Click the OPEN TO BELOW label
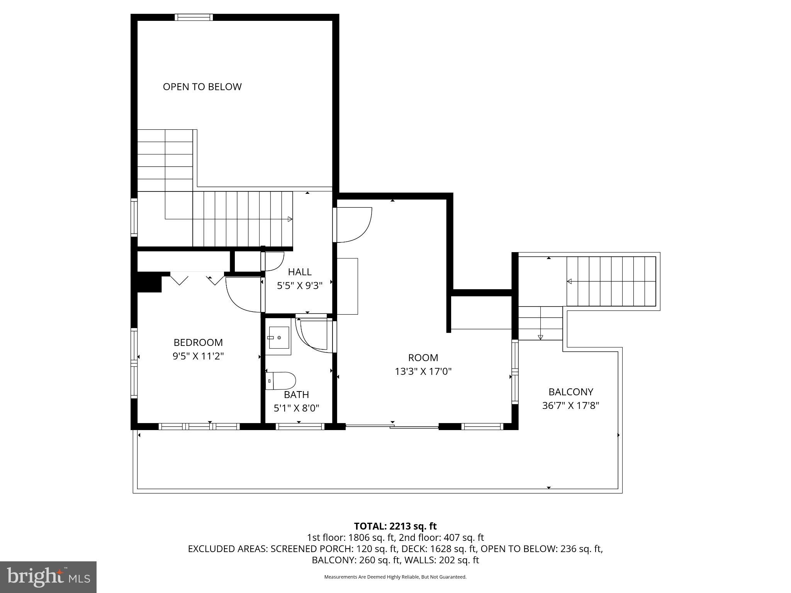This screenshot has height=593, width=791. [x=202, y=87]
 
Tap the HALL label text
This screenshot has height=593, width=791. [x=300, y=272]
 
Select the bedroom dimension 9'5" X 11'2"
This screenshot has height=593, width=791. [x=198, y=356]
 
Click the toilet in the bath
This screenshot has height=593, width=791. [x=281, y=381]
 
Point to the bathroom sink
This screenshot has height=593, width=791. [x=278, y=338]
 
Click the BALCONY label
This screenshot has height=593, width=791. [x=570, y=392]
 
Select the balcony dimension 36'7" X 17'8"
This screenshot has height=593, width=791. [x=570, y=406]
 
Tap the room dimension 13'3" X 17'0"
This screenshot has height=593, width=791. [x=423, y=371]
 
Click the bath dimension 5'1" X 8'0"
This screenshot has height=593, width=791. [x=296, y=408]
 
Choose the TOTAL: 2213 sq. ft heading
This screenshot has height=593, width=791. [x=395, y=526]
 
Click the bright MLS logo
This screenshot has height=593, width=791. [x=48, y=577]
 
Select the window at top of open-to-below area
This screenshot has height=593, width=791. [x=194, y=17]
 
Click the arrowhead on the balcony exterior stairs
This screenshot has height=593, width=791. [x=569, y=282]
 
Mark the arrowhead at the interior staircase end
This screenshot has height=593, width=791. [x=290, y=219]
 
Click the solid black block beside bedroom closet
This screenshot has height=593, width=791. [x=149, y=282]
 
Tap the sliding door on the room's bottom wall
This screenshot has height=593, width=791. [x=392, y=426]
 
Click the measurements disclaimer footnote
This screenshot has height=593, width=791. [x=395, y=577]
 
